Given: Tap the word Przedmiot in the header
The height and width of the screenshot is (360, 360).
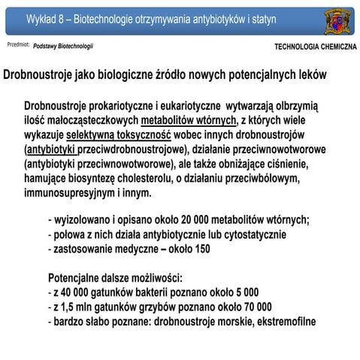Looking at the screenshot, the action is click(17, 46).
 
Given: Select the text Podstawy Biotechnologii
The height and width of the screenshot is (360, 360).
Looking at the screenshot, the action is click(64, 47).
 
